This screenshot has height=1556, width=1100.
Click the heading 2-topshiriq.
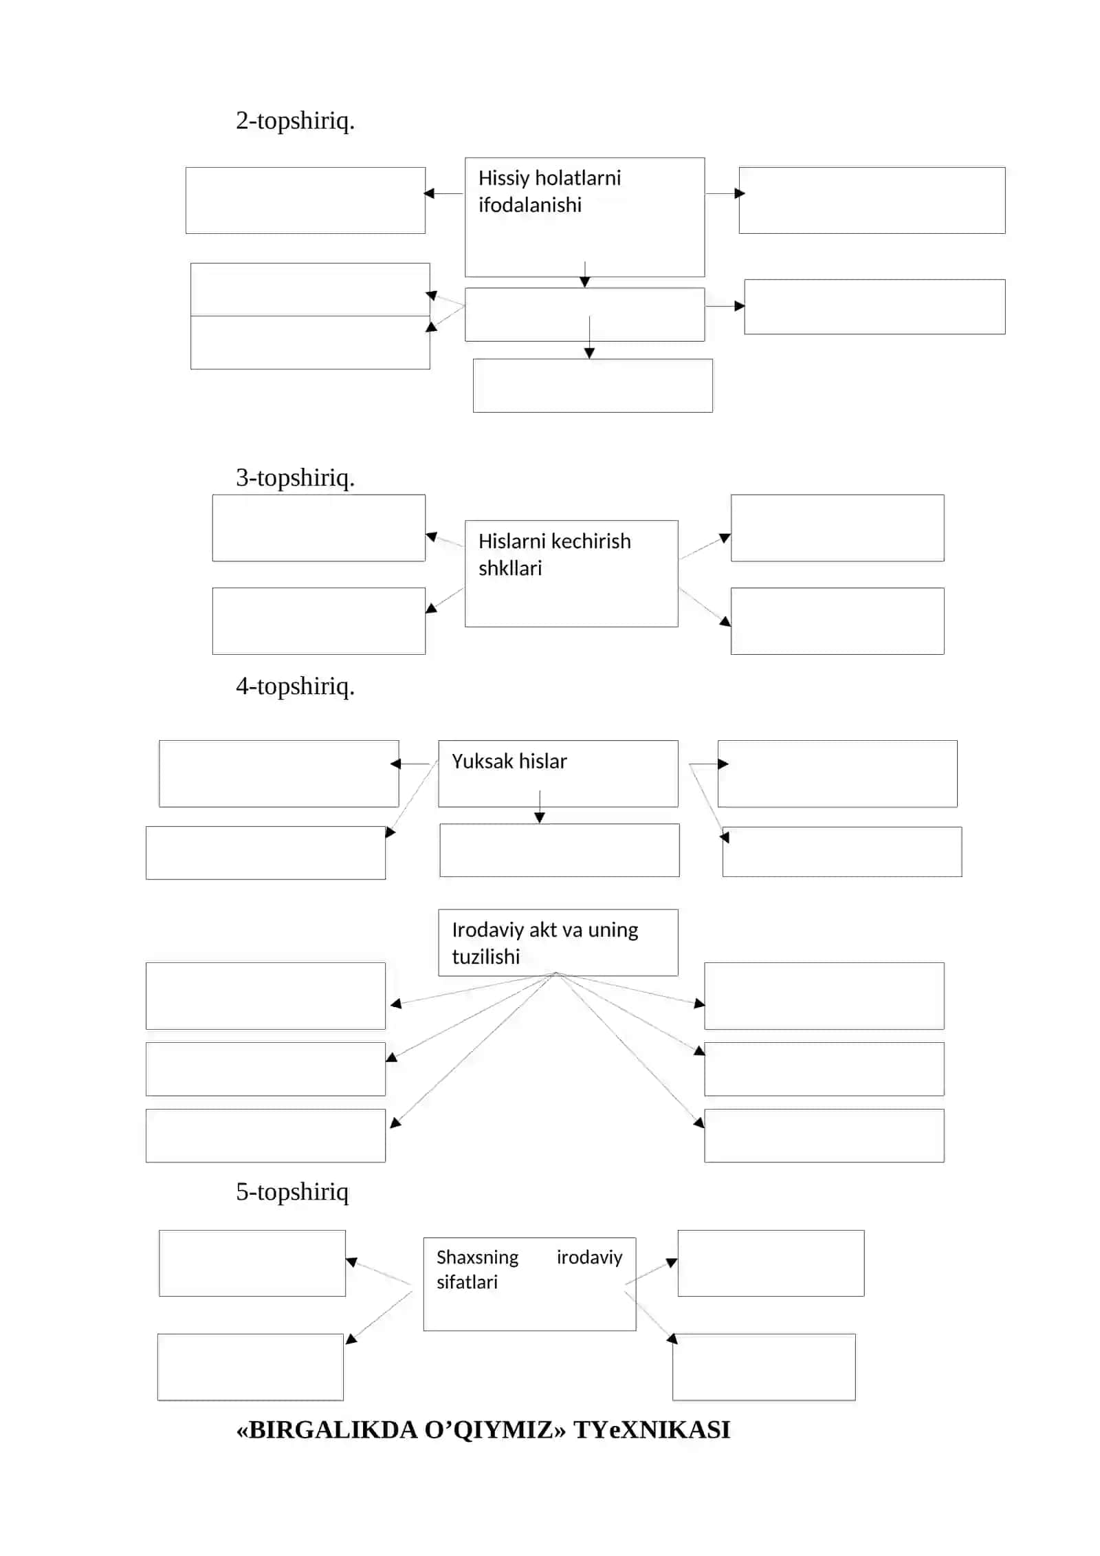295,121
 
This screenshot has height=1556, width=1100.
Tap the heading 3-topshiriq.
295,477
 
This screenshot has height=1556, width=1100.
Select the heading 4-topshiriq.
295,687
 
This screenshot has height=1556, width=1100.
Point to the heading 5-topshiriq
292,1192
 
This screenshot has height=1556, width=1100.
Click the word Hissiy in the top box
504,179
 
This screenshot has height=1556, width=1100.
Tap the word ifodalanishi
529,205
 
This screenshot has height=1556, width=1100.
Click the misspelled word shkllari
510,568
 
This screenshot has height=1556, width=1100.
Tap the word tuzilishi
485,956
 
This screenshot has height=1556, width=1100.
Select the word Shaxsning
477,1258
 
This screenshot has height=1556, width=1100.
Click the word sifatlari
467,1282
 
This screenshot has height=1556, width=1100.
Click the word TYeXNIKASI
652,1429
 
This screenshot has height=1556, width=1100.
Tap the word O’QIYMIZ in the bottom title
488,1429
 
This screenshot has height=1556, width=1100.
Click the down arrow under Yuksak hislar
540,807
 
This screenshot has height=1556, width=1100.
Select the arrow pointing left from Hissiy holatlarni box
443,193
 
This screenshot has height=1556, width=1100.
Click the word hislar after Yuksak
543,761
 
